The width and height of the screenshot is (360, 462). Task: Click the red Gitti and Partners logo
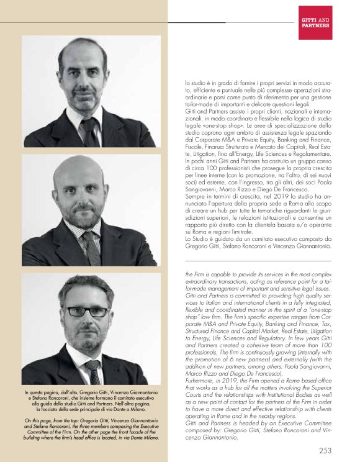315,22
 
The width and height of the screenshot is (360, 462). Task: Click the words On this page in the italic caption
34,420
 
